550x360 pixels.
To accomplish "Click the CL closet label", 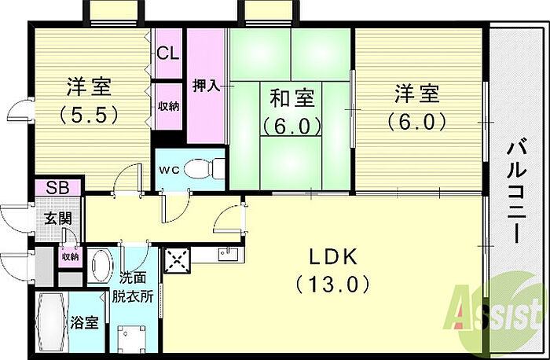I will tap(167, 53).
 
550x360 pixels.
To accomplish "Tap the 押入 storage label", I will tap(206, 86).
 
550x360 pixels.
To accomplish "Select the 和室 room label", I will tap(292, 100).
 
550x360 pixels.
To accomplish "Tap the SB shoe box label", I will tap(56, 189).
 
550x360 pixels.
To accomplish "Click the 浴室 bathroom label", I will tap(85, 323).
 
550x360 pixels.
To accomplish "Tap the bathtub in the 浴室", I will tap(51, 324).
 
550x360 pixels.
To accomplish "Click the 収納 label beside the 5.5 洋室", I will tap(167, 105).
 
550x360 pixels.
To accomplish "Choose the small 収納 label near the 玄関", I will tap(70, 256).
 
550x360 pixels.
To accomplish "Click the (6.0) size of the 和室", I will tap(292, 125).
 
